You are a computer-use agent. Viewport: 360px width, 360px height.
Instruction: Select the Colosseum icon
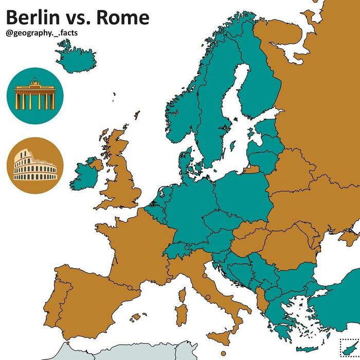[35, 166]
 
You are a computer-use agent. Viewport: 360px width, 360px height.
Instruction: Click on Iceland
[76, 53]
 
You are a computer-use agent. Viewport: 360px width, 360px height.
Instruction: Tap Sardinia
[182, 313]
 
